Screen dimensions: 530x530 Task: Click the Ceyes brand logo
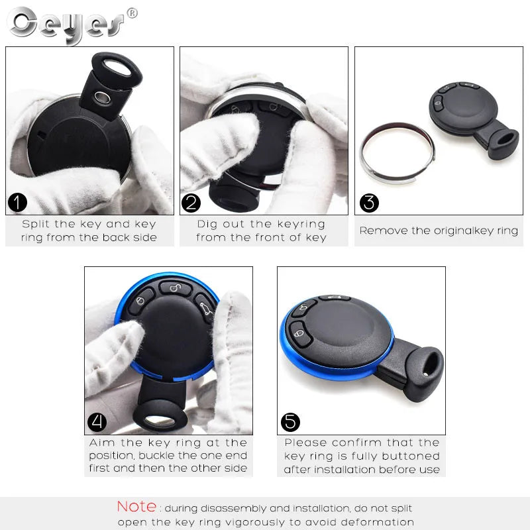tap(66, 25)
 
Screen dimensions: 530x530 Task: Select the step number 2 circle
tap(191, 202)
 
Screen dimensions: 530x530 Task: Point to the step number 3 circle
tap(369, 202)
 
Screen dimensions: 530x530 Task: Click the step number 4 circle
tap(97, 422)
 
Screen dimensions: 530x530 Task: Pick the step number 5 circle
tap(290, 422)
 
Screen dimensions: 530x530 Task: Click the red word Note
tap(136, 507)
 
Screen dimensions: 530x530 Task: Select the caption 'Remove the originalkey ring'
tap(439, 231)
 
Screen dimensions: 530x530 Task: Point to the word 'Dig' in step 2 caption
tap(208, 224)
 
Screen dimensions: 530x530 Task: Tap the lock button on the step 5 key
tap(297, 333)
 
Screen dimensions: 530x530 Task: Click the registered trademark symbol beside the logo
tap(132, 13)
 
